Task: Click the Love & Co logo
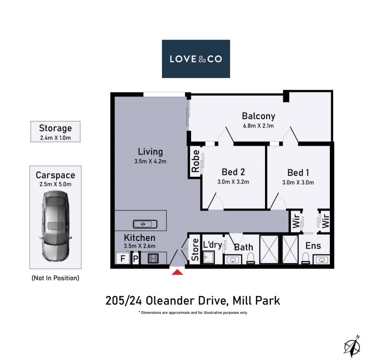196,59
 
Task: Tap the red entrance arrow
177,272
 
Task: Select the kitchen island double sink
145,224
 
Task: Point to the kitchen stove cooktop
153,258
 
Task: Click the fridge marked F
123,258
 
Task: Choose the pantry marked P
136,258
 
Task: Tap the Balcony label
258,116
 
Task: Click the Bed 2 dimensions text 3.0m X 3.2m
233,182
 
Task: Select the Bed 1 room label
298,173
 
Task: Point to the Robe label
196,161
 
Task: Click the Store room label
195,250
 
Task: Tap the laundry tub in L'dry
209,257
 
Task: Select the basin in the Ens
322,259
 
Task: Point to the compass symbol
352,346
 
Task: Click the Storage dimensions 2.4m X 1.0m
55,138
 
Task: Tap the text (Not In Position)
55,278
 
